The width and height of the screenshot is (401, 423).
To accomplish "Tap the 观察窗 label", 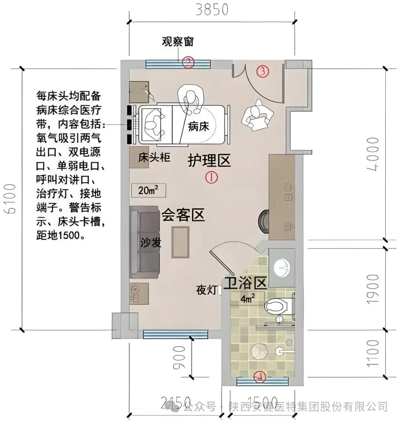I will (x=177, y=41).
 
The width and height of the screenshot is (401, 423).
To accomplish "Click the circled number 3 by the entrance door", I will (x=263, y=71).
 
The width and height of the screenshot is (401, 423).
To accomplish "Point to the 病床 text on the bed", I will (x=199, y=127).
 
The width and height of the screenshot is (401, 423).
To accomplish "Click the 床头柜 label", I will (x=154, y=158).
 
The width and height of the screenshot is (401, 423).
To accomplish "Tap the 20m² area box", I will (x=148, y=191).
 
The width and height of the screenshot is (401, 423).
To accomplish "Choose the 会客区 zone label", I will (x=183, y=215).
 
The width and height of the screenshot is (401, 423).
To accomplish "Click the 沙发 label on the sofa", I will (x=151, y=243).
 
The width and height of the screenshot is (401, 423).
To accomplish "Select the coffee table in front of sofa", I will (x=180, y=242).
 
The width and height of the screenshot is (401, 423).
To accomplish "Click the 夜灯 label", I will (x=206, y=290).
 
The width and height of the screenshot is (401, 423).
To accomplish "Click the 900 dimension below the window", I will (x=179, y=357).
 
